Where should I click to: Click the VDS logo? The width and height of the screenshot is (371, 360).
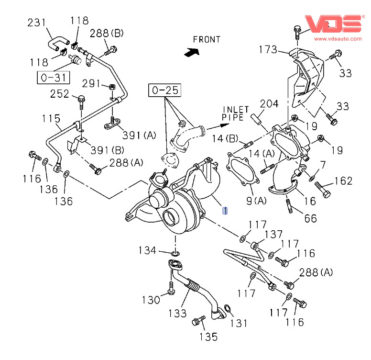(334, 23)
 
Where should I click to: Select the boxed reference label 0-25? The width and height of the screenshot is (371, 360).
(165, 90)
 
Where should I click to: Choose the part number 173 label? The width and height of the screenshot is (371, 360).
(268, 49)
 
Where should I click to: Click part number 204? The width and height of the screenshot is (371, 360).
(269, 104)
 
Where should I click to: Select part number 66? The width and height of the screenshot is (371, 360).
(310, 218)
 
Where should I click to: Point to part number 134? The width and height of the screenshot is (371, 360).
(148, 250)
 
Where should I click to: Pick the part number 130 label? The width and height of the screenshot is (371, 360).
(151, 300)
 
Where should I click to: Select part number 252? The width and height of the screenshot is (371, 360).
(60, 93)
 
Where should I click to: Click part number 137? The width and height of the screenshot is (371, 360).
(273, 234)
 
